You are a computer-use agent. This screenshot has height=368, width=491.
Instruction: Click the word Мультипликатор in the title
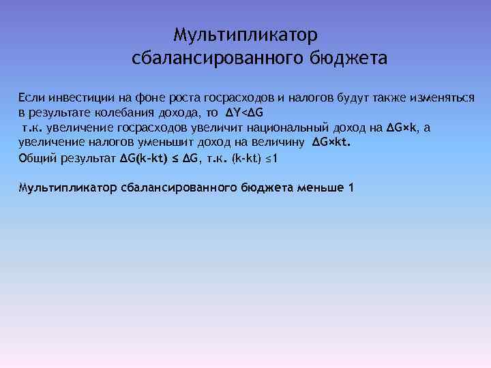[245, 34]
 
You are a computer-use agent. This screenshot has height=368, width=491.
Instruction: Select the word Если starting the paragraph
[30, 98]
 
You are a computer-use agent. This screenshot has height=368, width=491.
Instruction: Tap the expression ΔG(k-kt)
[145, 158]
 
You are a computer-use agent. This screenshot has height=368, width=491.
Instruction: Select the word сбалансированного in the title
[214, 59]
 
